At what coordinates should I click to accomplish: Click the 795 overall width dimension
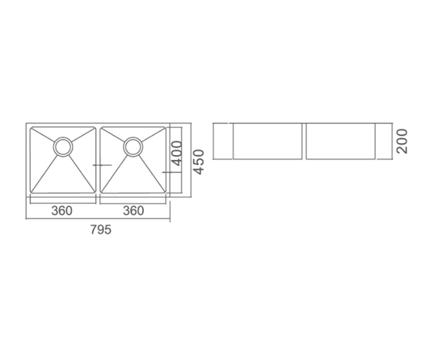coord(101,230)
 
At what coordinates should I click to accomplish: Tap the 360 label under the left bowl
coord(62,211)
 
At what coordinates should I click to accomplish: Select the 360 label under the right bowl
coord(134,211)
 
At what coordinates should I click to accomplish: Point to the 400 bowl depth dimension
coord(177,153)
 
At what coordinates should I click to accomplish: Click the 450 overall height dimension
coord(198,162)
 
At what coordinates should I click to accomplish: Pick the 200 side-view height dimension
coord(402,141)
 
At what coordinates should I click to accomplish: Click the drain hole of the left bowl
coord(63,146)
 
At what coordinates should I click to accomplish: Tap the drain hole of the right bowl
coord(134,146)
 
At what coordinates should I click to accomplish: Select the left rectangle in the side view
coord(267,141)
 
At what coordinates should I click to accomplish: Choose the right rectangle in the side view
coord(341,141)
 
